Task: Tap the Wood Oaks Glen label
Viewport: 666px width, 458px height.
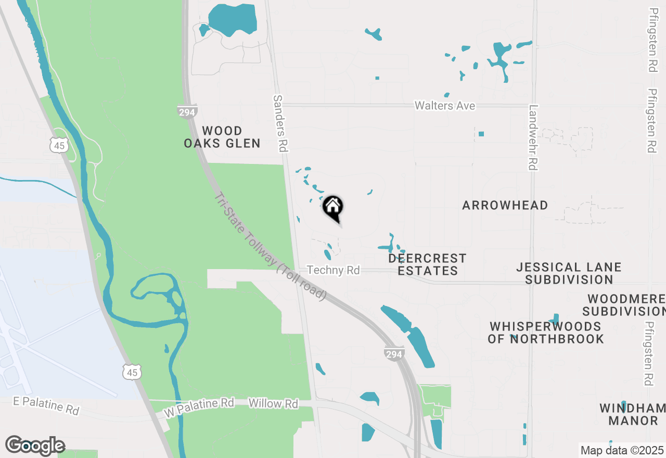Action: click(x=222, y=137)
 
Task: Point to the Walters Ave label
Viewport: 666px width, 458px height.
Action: click(x=445, y=106)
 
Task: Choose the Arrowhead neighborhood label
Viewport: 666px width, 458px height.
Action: click(x=505, y=205)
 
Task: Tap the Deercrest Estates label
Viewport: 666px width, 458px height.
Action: click(x=427, y=264)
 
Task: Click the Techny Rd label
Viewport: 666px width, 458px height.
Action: click(x=334, y=270)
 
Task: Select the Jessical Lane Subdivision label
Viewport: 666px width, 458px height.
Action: click(x=569, y=273)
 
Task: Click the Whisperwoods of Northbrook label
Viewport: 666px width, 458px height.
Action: click(x=545, y=333)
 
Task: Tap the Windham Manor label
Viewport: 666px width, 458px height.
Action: click(x=632, y=414)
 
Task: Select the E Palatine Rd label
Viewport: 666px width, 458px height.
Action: click(x=47, y=405)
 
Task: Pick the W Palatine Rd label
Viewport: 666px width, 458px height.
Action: click(x=199, y=407)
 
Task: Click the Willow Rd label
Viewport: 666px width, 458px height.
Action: click(x=273, y=403)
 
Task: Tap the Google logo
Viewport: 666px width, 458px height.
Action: click(x=35, y=445)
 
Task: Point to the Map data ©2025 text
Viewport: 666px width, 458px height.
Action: click(x=622, y=450)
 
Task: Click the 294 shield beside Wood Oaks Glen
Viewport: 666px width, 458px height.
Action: click(x=187, y=111)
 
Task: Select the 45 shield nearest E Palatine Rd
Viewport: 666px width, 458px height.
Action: click(x=132, y=372)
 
